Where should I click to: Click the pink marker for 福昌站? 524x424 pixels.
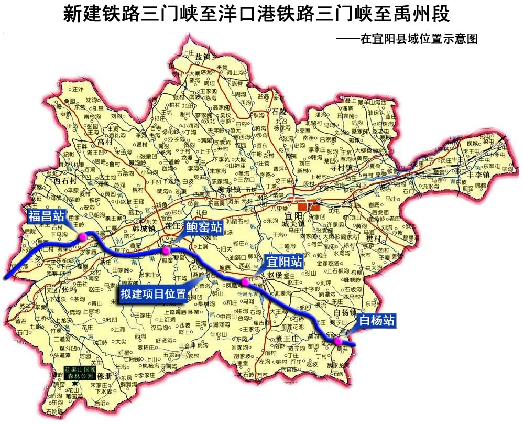click(x=82, y=237)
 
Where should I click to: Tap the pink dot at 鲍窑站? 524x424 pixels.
click(x=166, y=251)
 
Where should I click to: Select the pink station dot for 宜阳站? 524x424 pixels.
click(x=244, y=282)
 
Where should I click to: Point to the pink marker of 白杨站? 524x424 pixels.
click(x=338, y=341)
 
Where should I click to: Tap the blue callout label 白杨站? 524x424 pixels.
click(x=376, y=320)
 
